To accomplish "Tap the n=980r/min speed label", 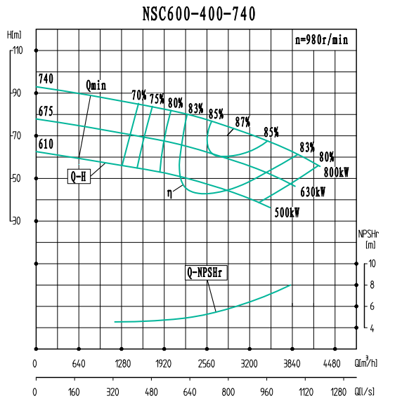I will [x=321, y=40].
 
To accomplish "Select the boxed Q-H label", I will [x=79, y=177].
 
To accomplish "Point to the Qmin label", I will [x=96, y=85].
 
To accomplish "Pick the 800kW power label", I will [x=337, y=172].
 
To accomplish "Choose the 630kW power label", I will [x=313, y=191].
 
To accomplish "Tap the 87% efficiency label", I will [x=242, y=121].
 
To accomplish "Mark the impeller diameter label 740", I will [x=46, y=78].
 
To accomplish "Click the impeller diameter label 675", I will [x=46, y=112].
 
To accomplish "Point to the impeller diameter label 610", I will [x=46, y=144].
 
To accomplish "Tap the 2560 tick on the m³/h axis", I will [x=207, y=363].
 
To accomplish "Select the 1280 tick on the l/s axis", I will [x=338, y=392].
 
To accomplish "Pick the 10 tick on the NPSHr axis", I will [x=372, y=264].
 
